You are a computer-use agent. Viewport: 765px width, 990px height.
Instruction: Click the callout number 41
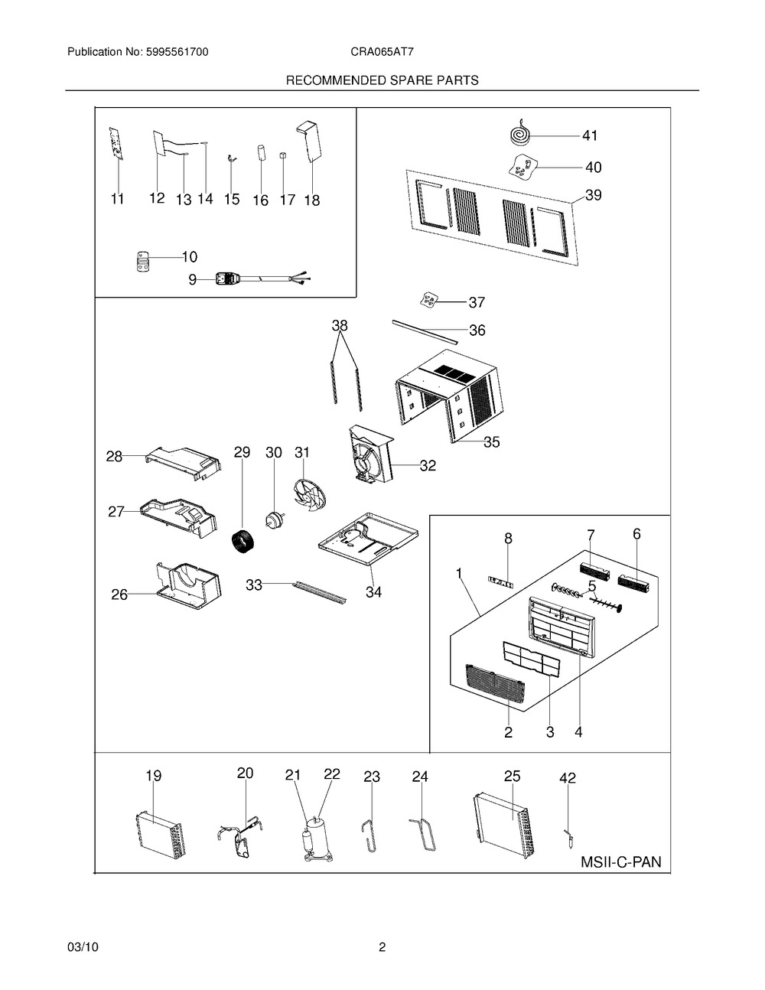tap(589, 136)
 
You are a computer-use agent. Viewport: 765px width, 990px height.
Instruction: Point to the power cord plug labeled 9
tap(228, 280)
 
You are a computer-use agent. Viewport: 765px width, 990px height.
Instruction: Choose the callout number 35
tap(491, 442)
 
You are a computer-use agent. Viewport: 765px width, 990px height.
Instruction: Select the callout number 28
tap(114, 457)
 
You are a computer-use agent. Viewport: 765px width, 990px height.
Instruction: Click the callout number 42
tap(567, 778)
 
